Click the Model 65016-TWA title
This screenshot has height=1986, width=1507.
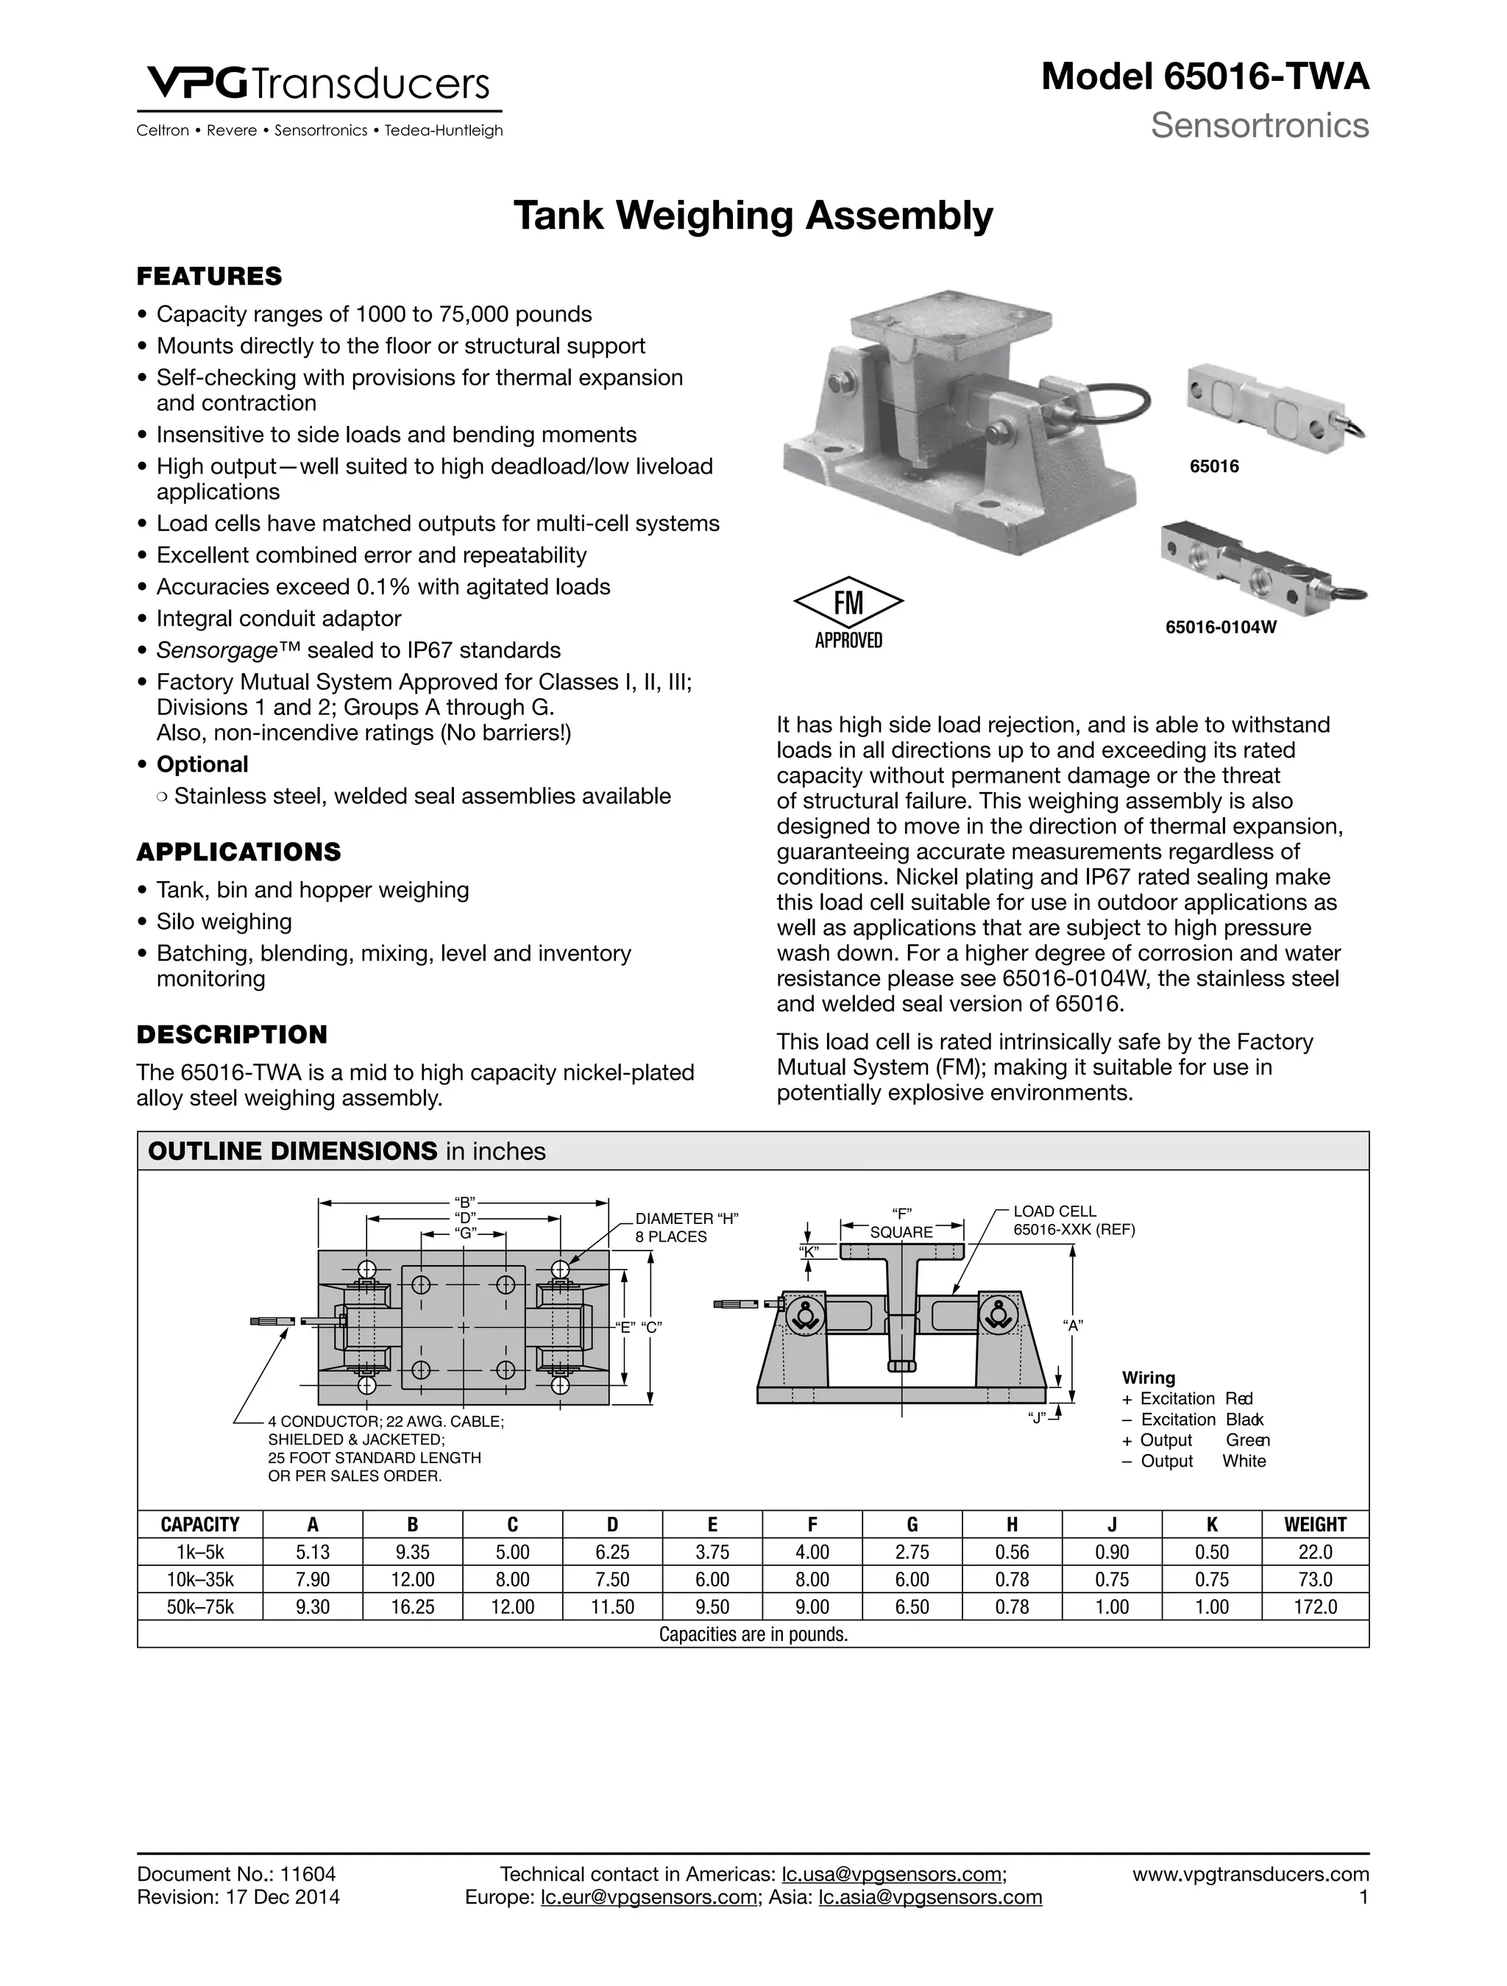pos(1205,78)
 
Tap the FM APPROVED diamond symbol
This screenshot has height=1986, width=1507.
pos(848,602)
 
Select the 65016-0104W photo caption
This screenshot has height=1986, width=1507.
pos(1221,627)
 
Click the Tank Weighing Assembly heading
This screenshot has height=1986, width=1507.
pos(753,216)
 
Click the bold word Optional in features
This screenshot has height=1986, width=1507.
pos(202,764)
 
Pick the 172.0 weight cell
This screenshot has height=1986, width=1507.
pos(1314,1606)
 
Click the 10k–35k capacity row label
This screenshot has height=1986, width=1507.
pos(200,1579)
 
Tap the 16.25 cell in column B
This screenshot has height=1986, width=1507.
pos(412,1606)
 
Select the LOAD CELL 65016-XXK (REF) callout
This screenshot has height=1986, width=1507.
pos(1073,1220)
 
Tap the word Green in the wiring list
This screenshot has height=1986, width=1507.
pos(1247,1440)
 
